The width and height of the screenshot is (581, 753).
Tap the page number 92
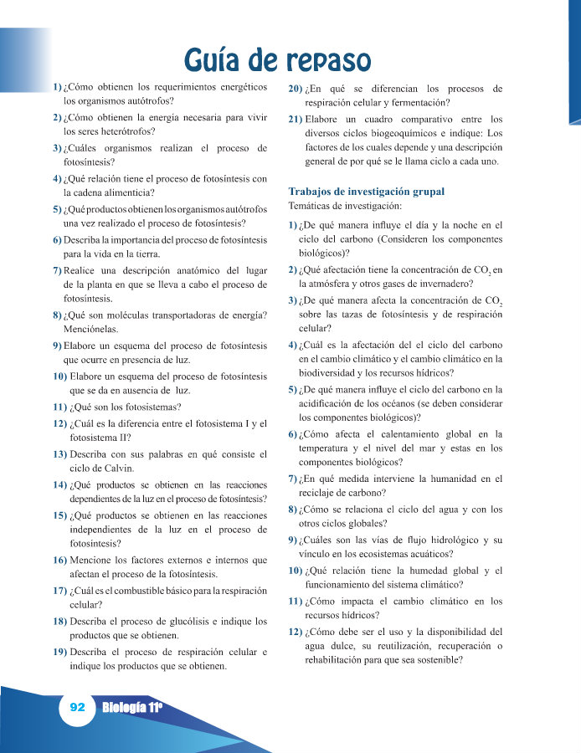78,707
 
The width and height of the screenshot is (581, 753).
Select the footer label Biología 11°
131,708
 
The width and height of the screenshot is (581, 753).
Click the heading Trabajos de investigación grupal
367,192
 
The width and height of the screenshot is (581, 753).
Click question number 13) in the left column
60,454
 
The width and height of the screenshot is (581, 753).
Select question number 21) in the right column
295,119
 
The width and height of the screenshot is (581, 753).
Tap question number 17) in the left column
60,590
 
